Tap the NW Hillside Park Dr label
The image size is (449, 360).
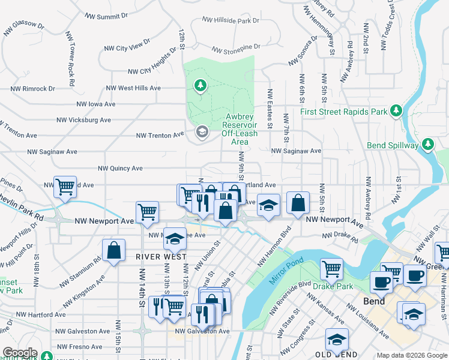[x=231, y=20]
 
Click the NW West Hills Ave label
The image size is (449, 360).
[x=133, y=88]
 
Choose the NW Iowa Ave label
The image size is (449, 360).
[x=95, y=104]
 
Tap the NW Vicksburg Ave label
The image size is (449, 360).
[x=84, y=120]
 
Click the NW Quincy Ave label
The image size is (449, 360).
[x=120, y=169]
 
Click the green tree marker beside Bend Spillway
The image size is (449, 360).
[x=427, y=144]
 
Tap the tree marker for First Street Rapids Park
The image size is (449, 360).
[x=396, y=110]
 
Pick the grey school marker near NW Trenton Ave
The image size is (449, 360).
[x=202, y=132]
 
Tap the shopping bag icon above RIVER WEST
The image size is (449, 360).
[x=113, y=251]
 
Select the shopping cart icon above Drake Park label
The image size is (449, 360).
[x=331, y=270]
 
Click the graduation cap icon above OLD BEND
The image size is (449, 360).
[x=337, y=340]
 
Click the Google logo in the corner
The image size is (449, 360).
[x=19, y=353]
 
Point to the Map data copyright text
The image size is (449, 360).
[x=412, y=356]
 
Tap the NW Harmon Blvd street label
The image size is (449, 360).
[x=274, y=246]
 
